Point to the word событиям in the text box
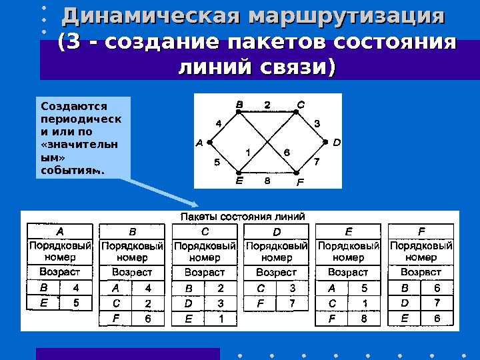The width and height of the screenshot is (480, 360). (x=72, y=171)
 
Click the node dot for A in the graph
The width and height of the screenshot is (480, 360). (x=209, y=142)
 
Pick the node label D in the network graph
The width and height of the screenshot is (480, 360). (x=336, y=142)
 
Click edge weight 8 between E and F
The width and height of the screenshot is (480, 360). (x=267, y=180)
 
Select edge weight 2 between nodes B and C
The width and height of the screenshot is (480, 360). (x=267, y=105)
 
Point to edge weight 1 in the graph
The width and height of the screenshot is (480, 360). (x=248, y=152)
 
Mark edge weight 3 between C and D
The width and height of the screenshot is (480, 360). (x=317, y=123)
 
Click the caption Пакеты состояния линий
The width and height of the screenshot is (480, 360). (x=243, y=216)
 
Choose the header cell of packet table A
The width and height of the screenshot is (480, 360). (x=60, y=231)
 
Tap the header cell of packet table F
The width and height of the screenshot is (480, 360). (x=421, y=231)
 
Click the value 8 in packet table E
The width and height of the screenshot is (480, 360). (x=364, y=319)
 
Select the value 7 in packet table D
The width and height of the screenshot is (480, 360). (x=292, y=303)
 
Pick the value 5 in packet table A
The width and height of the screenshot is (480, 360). (x=76, y=303)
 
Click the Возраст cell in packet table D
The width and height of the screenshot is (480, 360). (x=277, y=272)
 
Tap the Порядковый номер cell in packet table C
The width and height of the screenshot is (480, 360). (x=205, y=251)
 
